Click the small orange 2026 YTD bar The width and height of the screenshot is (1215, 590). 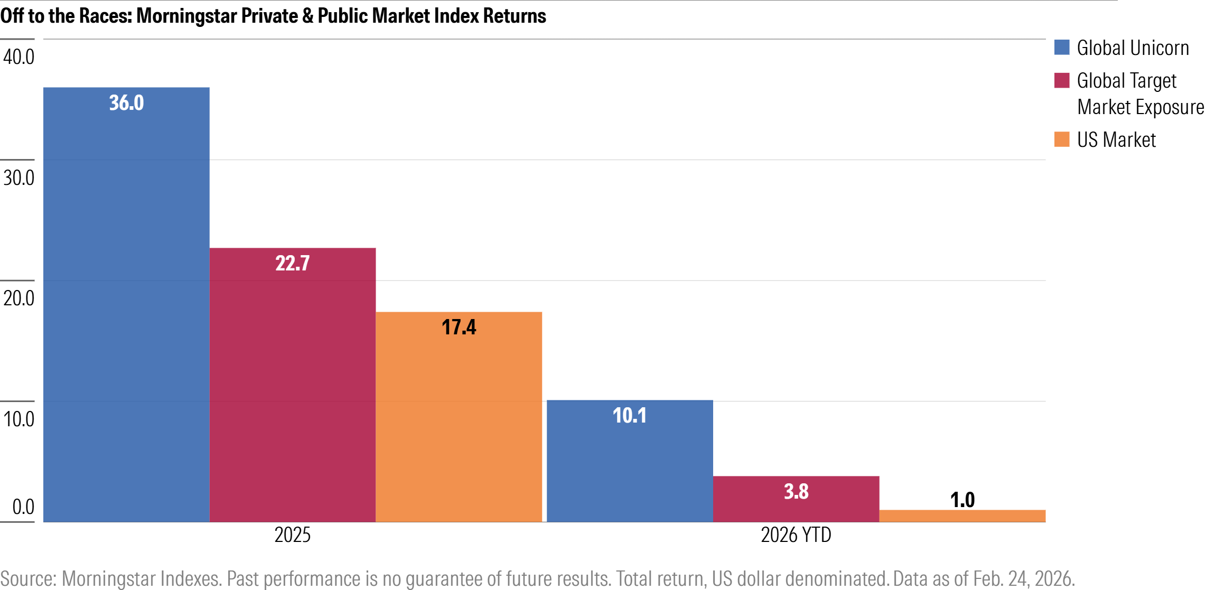[x=962, y=516]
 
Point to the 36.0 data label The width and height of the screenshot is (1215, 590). [x=126, y=102]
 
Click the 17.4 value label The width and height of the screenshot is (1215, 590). [x=459, y=327]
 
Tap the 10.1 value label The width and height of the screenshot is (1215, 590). [x=630, y=415]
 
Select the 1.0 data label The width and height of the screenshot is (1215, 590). [x=962, y=500]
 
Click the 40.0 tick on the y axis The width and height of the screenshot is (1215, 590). [x=18, y=57]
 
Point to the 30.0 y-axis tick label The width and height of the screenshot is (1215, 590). [x=18, y=177]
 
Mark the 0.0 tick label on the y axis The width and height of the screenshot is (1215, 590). [x=23, y=507]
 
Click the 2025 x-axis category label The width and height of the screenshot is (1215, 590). [x=293, y=535]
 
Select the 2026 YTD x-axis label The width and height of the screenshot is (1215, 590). [x=796, y=535]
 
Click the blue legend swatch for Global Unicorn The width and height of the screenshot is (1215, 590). [x=1062, y=48]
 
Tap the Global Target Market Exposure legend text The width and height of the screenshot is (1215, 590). [x=1140, y=94]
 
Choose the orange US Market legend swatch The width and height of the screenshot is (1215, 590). [x=1062, y=139]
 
